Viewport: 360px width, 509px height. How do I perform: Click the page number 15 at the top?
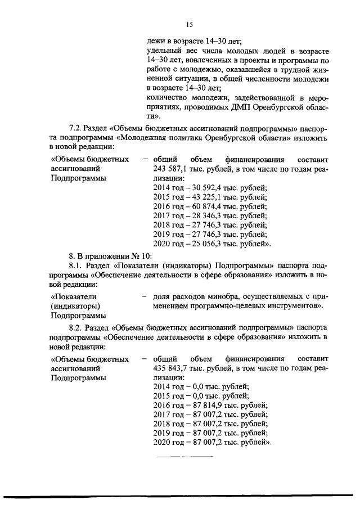point(189,24)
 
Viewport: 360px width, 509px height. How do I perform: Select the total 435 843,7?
point(168,368)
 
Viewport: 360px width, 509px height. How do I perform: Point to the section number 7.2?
point(75,128)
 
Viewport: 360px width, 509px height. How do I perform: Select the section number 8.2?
point(75,327)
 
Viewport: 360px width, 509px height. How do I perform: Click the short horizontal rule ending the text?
point(184,457)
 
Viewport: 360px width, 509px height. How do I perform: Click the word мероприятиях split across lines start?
point(317,98)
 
